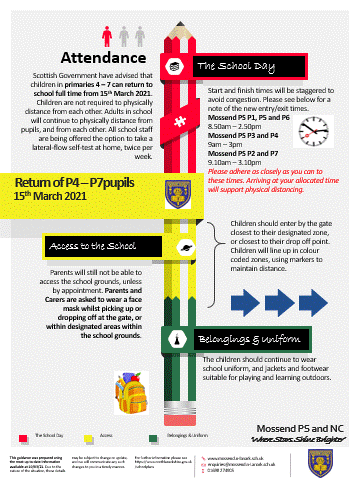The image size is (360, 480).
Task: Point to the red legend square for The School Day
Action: pyautogui.click(x=21, y=435)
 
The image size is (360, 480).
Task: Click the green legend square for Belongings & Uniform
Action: pyautogui.click(x=153, y=435)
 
